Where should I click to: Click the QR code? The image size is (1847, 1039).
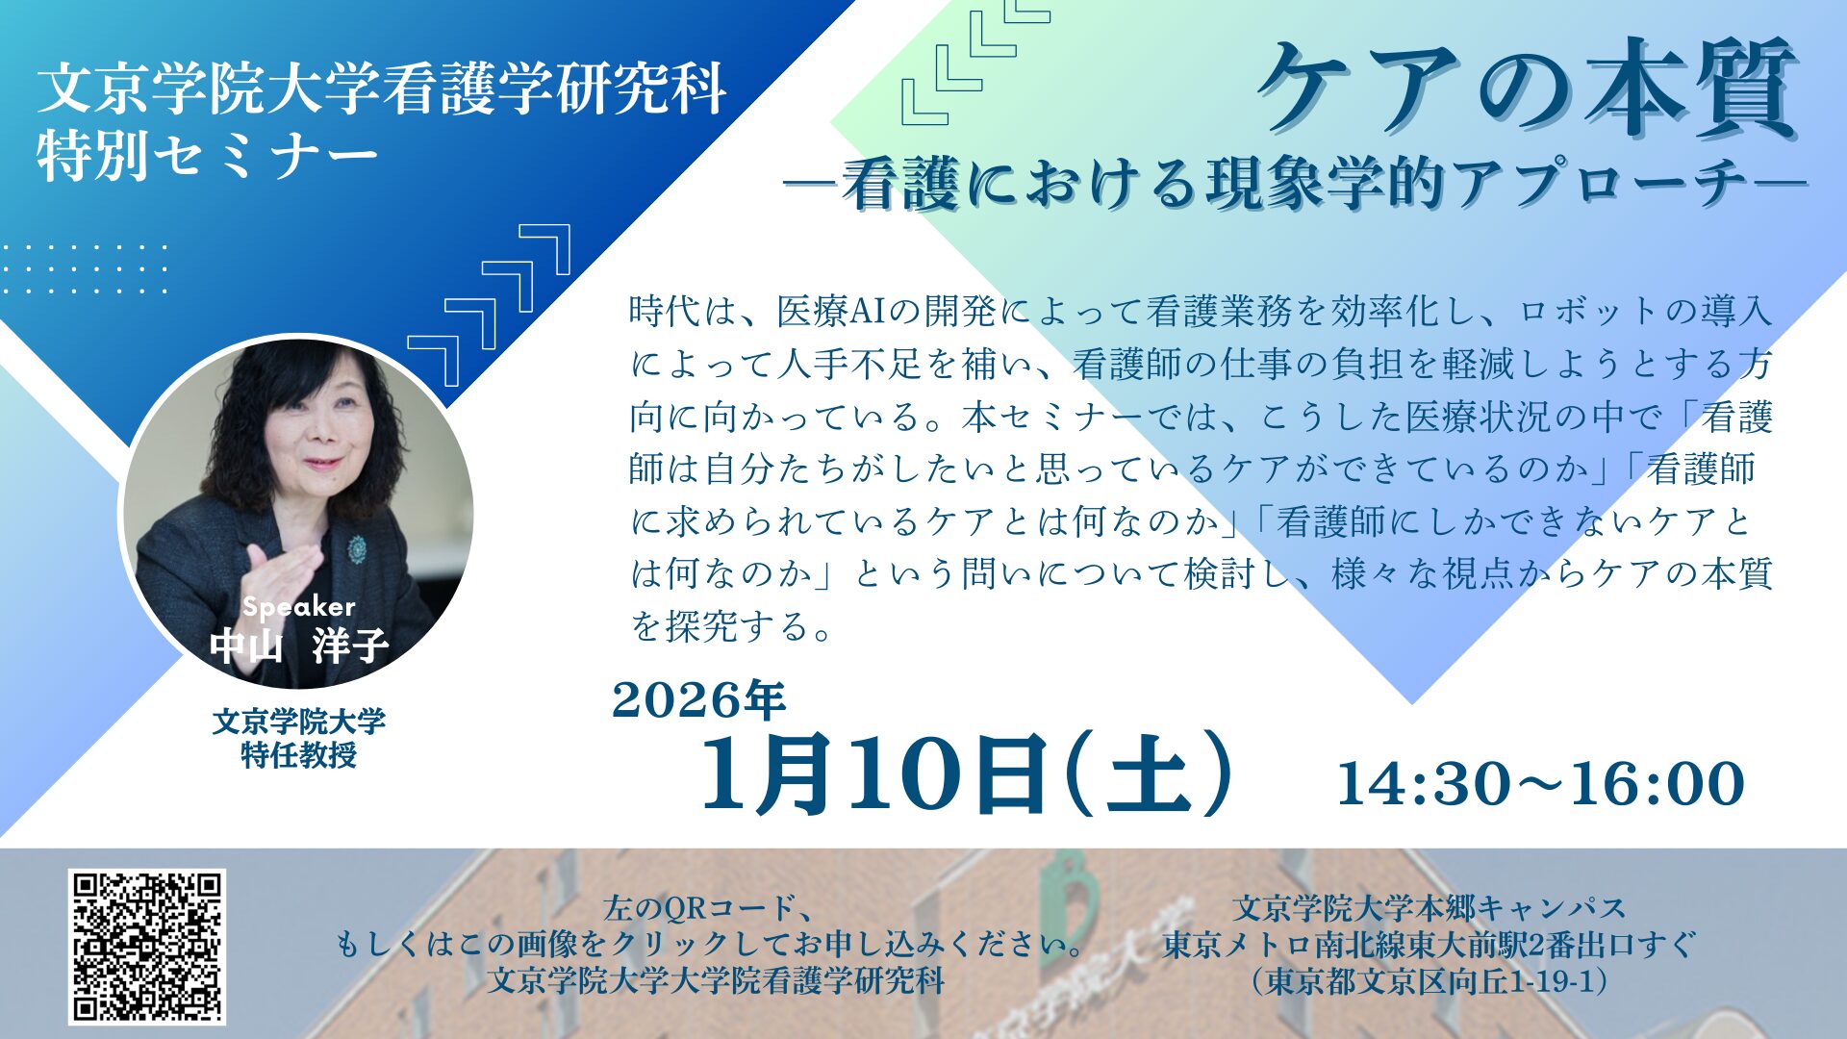click(x=147, y=947)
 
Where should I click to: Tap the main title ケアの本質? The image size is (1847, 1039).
click(x=1527, y=89)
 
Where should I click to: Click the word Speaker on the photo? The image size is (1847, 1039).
click(x=299, y=606)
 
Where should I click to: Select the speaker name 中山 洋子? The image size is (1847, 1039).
click(x=299, y=645)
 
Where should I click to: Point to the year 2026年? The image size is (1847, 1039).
click(x=699, y=699)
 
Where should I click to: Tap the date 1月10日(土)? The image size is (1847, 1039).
click(x=967, y=773)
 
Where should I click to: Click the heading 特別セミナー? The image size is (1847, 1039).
click(x=207, y=156)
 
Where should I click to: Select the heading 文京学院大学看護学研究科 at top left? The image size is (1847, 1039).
click(x=382, y=89)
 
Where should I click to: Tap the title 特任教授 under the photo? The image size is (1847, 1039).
click(x=299, y=754)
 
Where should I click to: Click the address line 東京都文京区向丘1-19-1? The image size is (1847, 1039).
click(x=1430, y=981)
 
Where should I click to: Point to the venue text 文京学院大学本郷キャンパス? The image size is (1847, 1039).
click(x=1430, y=908)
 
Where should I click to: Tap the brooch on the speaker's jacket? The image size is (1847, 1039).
click(x=358, y=550)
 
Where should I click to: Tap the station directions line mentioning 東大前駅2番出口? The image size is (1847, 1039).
click(x=1430, y=945)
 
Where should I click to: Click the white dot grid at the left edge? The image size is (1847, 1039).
click(x=85, y=268)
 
